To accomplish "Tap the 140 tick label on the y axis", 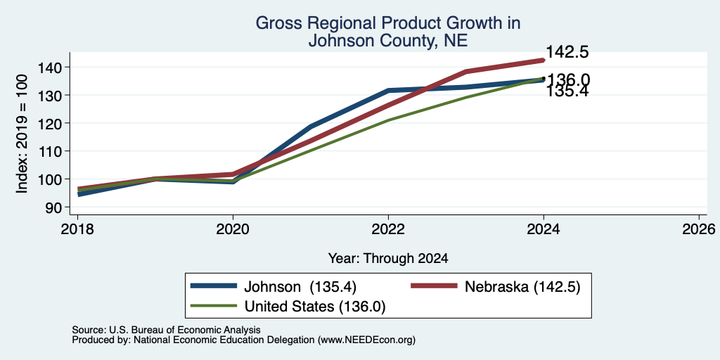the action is coord(54,67).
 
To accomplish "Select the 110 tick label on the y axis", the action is coord(54,151).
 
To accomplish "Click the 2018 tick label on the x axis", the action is coord(77,229).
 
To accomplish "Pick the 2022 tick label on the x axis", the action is coord(388,229).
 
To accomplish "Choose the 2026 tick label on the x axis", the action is coord(700,229).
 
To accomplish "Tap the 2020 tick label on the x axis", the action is coord(233,229).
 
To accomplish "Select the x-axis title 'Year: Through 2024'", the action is coord(388,259).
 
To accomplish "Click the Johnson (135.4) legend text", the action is coord(300,287).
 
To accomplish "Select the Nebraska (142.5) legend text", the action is coord(522,287).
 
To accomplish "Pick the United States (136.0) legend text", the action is coord(314,307).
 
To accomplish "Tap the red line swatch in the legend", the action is coord(433,286).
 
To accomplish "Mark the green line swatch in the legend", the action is coord(213,306).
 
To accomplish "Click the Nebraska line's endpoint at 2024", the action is coord(544,60).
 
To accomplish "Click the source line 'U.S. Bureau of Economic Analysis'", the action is coord(185,330).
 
